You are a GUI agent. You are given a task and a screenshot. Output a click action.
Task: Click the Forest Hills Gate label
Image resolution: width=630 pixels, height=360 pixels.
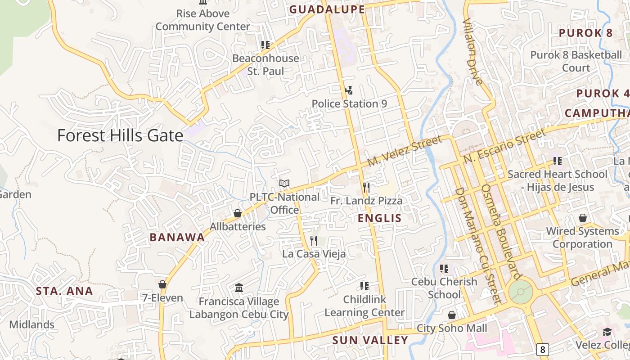coord(120,135)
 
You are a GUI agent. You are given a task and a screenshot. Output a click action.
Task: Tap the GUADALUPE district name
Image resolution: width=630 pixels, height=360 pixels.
coord(327,9)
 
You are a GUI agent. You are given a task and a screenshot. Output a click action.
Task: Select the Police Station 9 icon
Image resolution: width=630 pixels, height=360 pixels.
coord(349,91)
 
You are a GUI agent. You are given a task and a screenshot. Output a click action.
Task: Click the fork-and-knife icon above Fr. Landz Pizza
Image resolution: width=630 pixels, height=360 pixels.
coord(366,188)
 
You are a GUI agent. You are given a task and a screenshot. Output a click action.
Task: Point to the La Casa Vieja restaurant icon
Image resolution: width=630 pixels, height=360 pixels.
coord(314,241)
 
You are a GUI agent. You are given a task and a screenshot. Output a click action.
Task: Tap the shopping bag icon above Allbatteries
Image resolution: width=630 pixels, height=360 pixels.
coord(238,213)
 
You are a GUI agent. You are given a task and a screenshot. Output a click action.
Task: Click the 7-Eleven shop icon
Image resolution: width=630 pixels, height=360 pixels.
coord(162,284)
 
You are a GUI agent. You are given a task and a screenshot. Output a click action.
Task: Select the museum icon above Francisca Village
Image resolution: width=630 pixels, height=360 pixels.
coord(239,288)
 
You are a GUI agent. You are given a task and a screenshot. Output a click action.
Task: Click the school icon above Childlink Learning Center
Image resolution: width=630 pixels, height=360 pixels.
coord(364,286)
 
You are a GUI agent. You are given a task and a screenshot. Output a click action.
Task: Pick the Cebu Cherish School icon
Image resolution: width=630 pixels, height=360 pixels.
coord(444,269)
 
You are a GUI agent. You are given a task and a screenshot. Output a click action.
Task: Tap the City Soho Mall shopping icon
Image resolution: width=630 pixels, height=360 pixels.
coord(452,315)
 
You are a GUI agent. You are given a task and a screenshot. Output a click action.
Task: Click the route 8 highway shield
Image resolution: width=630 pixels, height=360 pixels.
coord(543,349)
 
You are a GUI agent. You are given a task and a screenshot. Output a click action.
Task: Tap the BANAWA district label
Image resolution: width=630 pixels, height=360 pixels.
coord(177,238)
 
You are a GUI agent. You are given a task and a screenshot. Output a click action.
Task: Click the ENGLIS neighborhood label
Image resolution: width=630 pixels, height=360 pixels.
coord(380,219)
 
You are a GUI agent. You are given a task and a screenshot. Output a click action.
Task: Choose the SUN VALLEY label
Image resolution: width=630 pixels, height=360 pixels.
coord(370,340)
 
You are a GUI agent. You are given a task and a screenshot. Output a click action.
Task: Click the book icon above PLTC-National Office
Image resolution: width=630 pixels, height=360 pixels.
coord(284,184)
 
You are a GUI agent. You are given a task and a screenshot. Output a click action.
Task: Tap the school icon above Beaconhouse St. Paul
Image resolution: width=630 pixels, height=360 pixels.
coord(265,45)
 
